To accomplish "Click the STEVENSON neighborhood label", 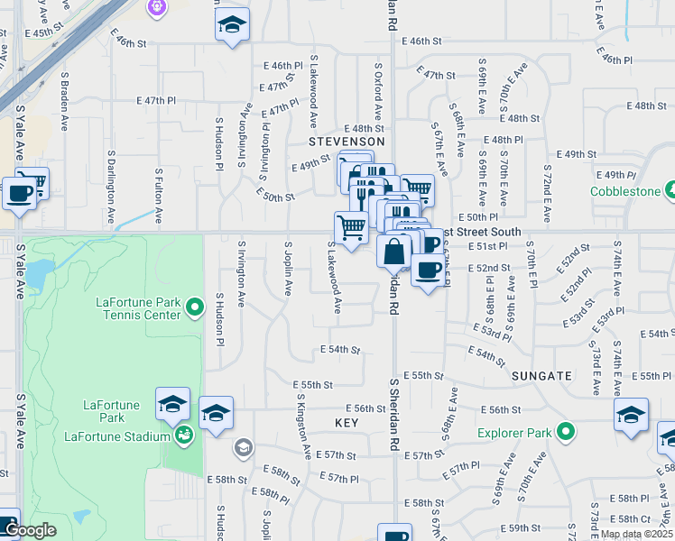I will click(347, 142).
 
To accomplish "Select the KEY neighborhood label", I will click(347, 422).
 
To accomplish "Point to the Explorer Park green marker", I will click(565, 433).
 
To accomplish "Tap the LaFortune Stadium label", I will click(117, 437).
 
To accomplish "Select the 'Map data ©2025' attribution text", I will click(636, 534).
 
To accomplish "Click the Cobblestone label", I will click(629, 191).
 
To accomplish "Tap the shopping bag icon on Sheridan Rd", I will click(394, 251).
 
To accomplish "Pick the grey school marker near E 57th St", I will click(242, 446).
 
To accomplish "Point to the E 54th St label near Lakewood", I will click(340, 350).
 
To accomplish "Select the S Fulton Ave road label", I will click(159, 196).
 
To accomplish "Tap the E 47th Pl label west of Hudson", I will click(156, 101).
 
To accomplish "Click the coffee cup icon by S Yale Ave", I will click(19, 193).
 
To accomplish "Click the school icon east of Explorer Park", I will click(631, 414).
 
